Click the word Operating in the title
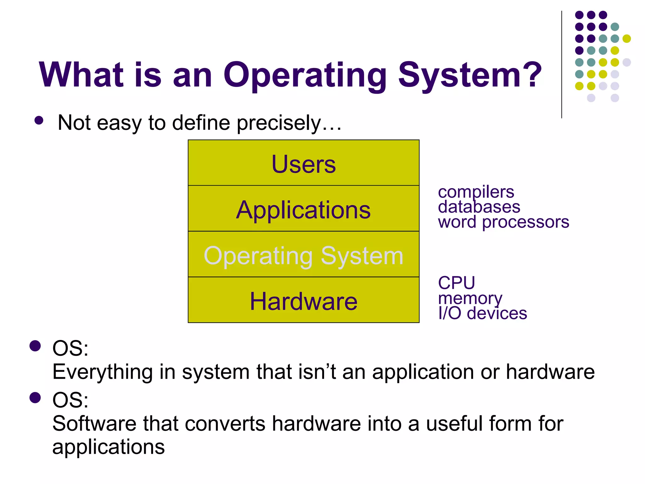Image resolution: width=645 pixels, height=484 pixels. tap(305, 76)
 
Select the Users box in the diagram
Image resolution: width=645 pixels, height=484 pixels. tap(303, 163)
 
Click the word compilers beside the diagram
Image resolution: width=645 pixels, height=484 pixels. tap(476, 192)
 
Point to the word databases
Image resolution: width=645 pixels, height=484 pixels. tap(479, 207)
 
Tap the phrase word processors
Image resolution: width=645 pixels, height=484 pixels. tap(503, 222)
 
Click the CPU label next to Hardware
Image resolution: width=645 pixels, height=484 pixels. tap(456, 283)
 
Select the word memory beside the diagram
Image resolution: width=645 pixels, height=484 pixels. tap(470, 298)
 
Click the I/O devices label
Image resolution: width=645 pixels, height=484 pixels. tap(482, 313)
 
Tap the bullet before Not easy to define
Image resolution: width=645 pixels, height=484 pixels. tap(39, 121)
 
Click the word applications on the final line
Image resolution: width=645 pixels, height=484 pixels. tap(108, 447)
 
